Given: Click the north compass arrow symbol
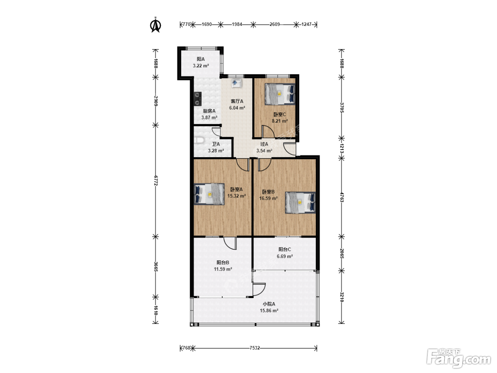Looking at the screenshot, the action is pos(155,25).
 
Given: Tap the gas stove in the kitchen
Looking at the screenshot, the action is pos(198,99).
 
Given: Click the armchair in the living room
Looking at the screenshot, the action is pos(237,83).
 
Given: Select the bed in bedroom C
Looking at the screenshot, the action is pos(280,94).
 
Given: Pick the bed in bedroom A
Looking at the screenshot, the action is pos(209,194).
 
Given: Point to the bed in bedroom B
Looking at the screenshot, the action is pos(300,203).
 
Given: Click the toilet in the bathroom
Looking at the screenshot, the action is pos(199,140).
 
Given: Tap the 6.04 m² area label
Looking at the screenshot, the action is pos(237,108).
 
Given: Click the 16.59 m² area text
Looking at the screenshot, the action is pos(268,198).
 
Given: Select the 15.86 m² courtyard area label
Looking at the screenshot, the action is pos(269,310).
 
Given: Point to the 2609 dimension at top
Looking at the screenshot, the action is pos(275,24).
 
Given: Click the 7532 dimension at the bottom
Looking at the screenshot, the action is pos(255,348).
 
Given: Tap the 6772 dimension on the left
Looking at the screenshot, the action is pos(155,180).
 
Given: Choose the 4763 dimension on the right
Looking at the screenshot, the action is pos(342,198).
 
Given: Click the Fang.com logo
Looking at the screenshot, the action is pos(459,358).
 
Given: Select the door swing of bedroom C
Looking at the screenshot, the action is pos(268,131).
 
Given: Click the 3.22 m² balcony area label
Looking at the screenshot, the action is pos(201,66).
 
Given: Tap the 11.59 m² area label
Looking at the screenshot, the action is pos(223,269).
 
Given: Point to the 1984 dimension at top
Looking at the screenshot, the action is pos(237,24).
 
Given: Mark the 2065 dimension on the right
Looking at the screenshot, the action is pos(342,254).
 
